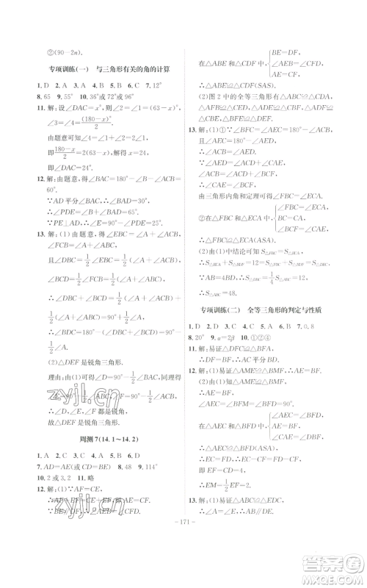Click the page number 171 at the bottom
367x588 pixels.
coord(183,567)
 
